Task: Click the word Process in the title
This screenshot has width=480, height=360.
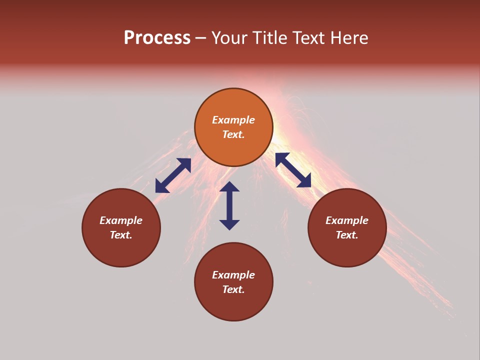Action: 157,38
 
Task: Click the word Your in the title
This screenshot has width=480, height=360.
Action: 229,38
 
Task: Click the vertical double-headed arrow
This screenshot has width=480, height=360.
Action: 229,206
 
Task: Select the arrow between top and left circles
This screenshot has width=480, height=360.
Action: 173,175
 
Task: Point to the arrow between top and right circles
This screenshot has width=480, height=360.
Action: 293,170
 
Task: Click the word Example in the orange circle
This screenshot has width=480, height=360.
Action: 233,120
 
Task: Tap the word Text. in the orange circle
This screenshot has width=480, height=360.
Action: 233,134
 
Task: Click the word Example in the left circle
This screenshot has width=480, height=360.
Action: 121,220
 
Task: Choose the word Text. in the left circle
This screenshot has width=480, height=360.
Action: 121,235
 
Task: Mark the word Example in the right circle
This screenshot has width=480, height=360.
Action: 347,220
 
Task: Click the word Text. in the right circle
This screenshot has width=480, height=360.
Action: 347,235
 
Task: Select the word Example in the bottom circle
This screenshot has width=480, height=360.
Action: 233,275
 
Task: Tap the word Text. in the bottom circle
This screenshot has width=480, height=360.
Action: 233,289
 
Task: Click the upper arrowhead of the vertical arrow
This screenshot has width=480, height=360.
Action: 229,187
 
